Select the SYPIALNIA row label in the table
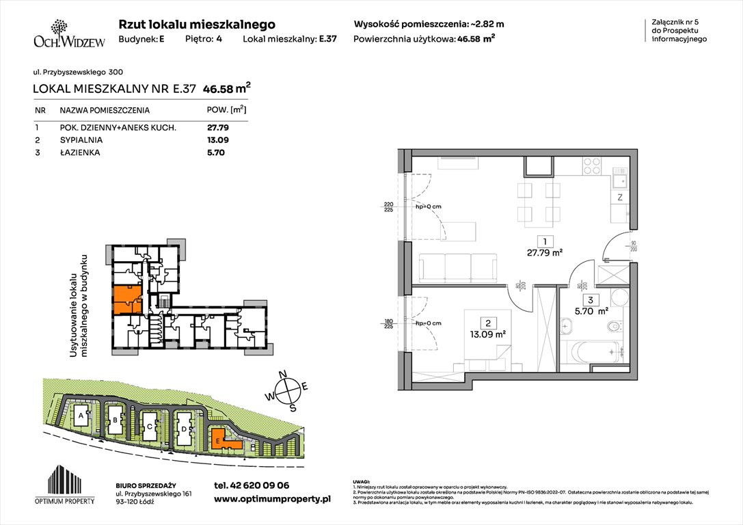pos(80,140)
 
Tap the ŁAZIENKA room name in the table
pos(79,153)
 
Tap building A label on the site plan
pos(81,415)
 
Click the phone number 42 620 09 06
pos(252,485)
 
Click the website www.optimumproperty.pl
pos(272,500)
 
